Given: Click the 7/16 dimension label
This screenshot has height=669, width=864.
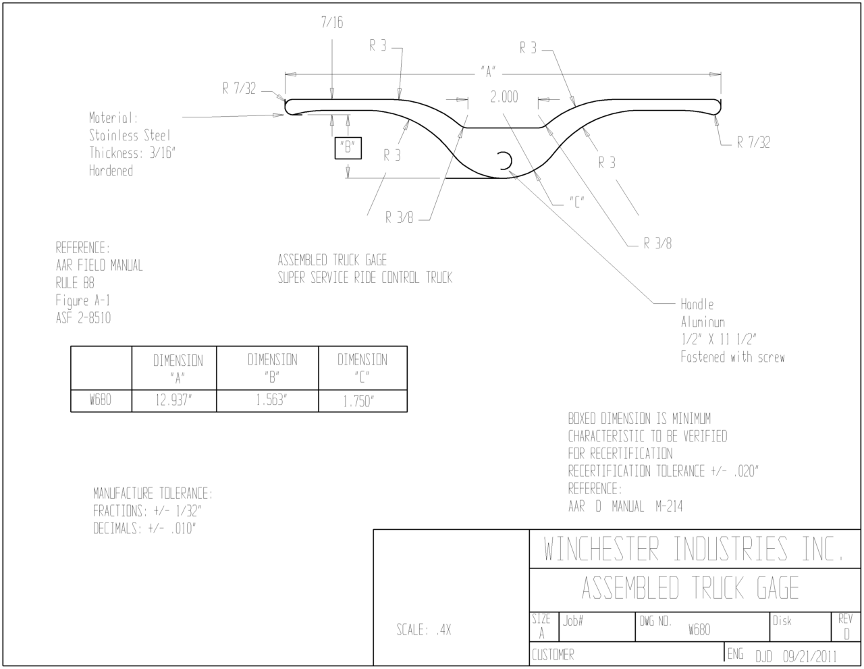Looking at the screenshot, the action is pos(332,22).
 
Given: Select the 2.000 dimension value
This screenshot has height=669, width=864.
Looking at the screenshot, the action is pos(504,97).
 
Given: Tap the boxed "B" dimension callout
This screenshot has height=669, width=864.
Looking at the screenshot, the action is pos(348,148).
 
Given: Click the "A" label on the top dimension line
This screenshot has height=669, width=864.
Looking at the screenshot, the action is pos(488,72).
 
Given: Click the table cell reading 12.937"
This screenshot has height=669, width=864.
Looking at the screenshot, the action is pos(173,400).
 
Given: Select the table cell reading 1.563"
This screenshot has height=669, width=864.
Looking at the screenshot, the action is pos(271,400).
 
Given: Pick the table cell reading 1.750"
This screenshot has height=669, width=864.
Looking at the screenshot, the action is pos(358,401).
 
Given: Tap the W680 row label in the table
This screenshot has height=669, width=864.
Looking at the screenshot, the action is pos(100,399).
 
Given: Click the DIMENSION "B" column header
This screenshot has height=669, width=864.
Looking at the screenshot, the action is pos(272,368).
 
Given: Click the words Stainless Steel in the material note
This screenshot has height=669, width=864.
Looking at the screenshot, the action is pos(130,135).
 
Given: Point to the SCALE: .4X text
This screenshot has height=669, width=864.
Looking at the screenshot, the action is pos(423,629).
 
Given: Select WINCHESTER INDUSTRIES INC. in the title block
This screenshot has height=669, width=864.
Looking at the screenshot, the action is pos(693,549).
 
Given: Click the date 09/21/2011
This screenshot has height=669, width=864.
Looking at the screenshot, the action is pos(809,656).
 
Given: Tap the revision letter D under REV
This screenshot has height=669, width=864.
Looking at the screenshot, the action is pos(846,634).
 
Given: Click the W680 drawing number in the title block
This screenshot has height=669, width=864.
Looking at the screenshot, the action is pos(699,630).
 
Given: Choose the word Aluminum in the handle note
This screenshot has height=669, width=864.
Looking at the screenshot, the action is pos(703,321).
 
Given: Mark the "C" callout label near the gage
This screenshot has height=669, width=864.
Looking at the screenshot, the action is pos(577,203).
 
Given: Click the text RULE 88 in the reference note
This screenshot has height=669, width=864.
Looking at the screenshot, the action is pos(75,283).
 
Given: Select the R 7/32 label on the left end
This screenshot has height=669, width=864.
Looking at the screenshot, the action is pos(239,88).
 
